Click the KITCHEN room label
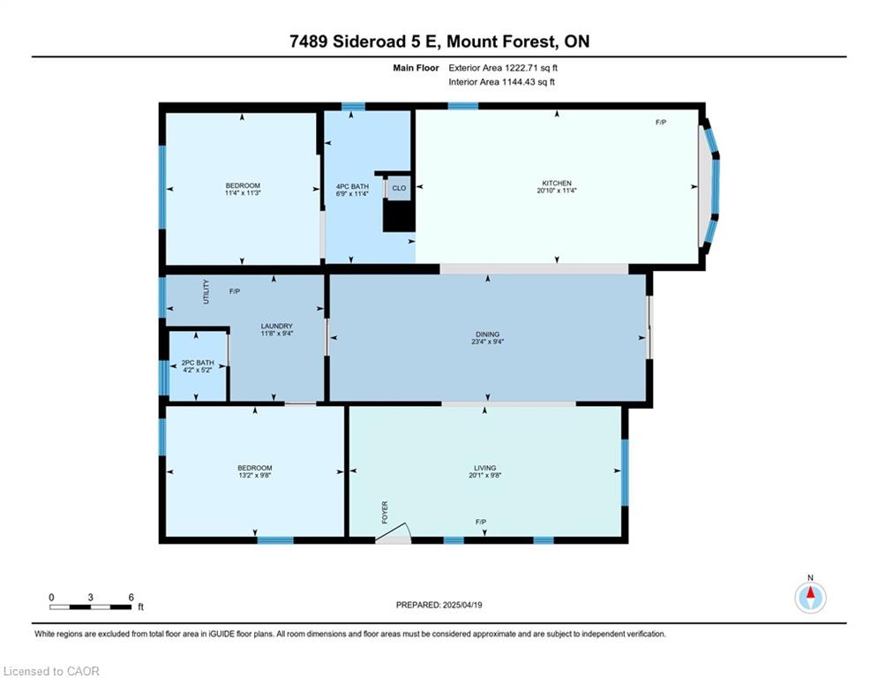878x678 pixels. [556, 183]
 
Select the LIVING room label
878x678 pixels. [484, 468]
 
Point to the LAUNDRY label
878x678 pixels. [276, 326]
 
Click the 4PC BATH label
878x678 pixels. [351, 186]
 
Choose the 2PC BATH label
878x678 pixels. [198, 362]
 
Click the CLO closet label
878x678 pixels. [399, 188]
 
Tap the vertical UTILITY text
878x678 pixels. [206, 291]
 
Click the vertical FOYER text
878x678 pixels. [385, 513]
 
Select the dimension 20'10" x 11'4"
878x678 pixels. [557, 191]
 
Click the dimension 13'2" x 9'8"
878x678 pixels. [254, 476]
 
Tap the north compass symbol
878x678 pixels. [810, 598]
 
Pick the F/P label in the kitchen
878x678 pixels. [660, 122]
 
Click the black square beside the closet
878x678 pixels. [399, 216]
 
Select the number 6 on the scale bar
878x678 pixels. [131, 597]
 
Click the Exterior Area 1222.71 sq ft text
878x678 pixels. [504, 67]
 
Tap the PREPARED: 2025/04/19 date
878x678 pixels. [440, 605]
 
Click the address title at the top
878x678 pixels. [439, 41]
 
